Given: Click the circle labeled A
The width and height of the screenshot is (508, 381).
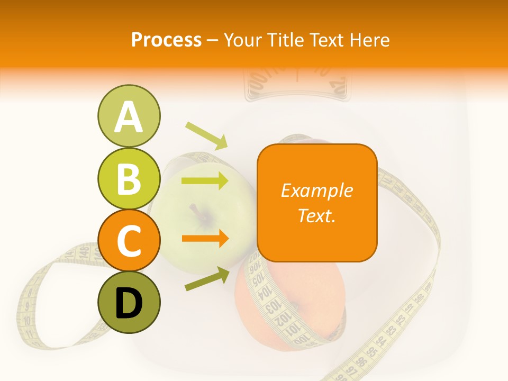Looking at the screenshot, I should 129,116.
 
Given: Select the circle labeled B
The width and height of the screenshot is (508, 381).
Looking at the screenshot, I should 129,178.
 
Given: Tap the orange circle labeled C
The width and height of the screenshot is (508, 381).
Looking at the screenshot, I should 129,241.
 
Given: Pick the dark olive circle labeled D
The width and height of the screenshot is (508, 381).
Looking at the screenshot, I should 129,302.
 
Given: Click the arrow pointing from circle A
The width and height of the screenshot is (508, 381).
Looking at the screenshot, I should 206,135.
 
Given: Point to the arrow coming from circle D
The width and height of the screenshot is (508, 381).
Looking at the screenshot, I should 207,279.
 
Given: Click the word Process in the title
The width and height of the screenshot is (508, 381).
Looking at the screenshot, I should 166,40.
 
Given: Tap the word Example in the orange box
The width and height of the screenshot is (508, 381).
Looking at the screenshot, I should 316,190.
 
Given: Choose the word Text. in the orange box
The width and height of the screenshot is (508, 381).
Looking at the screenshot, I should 316,215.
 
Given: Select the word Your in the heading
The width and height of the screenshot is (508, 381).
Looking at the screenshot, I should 241,40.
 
